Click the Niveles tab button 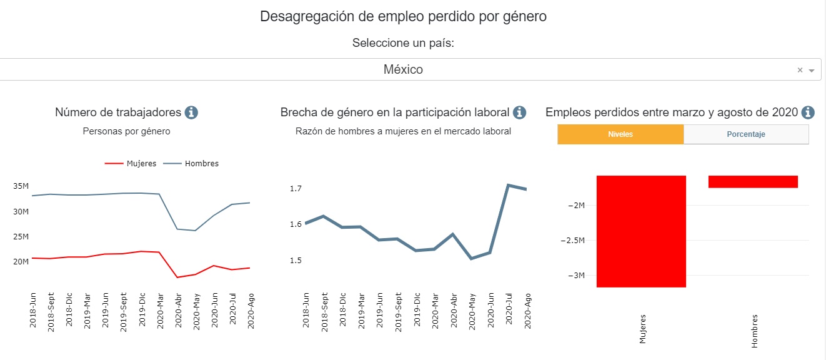pos(620,134)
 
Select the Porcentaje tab pos(746,134)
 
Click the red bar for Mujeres pos(641,231)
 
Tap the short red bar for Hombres pos(753,181)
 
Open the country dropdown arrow pos(812,71)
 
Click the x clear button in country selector pos(800,70)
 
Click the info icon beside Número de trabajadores pos(191,112)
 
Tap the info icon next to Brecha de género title pos(519,112)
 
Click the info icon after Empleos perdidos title pos(808,112)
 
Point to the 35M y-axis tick pos(21,186)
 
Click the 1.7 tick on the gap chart pos(296,188)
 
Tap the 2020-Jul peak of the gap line pos(508,185)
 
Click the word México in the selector pos(403,70)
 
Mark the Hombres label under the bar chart pos(754,330)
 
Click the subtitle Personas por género pos(126,131)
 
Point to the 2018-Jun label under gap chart pos(306,311)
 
